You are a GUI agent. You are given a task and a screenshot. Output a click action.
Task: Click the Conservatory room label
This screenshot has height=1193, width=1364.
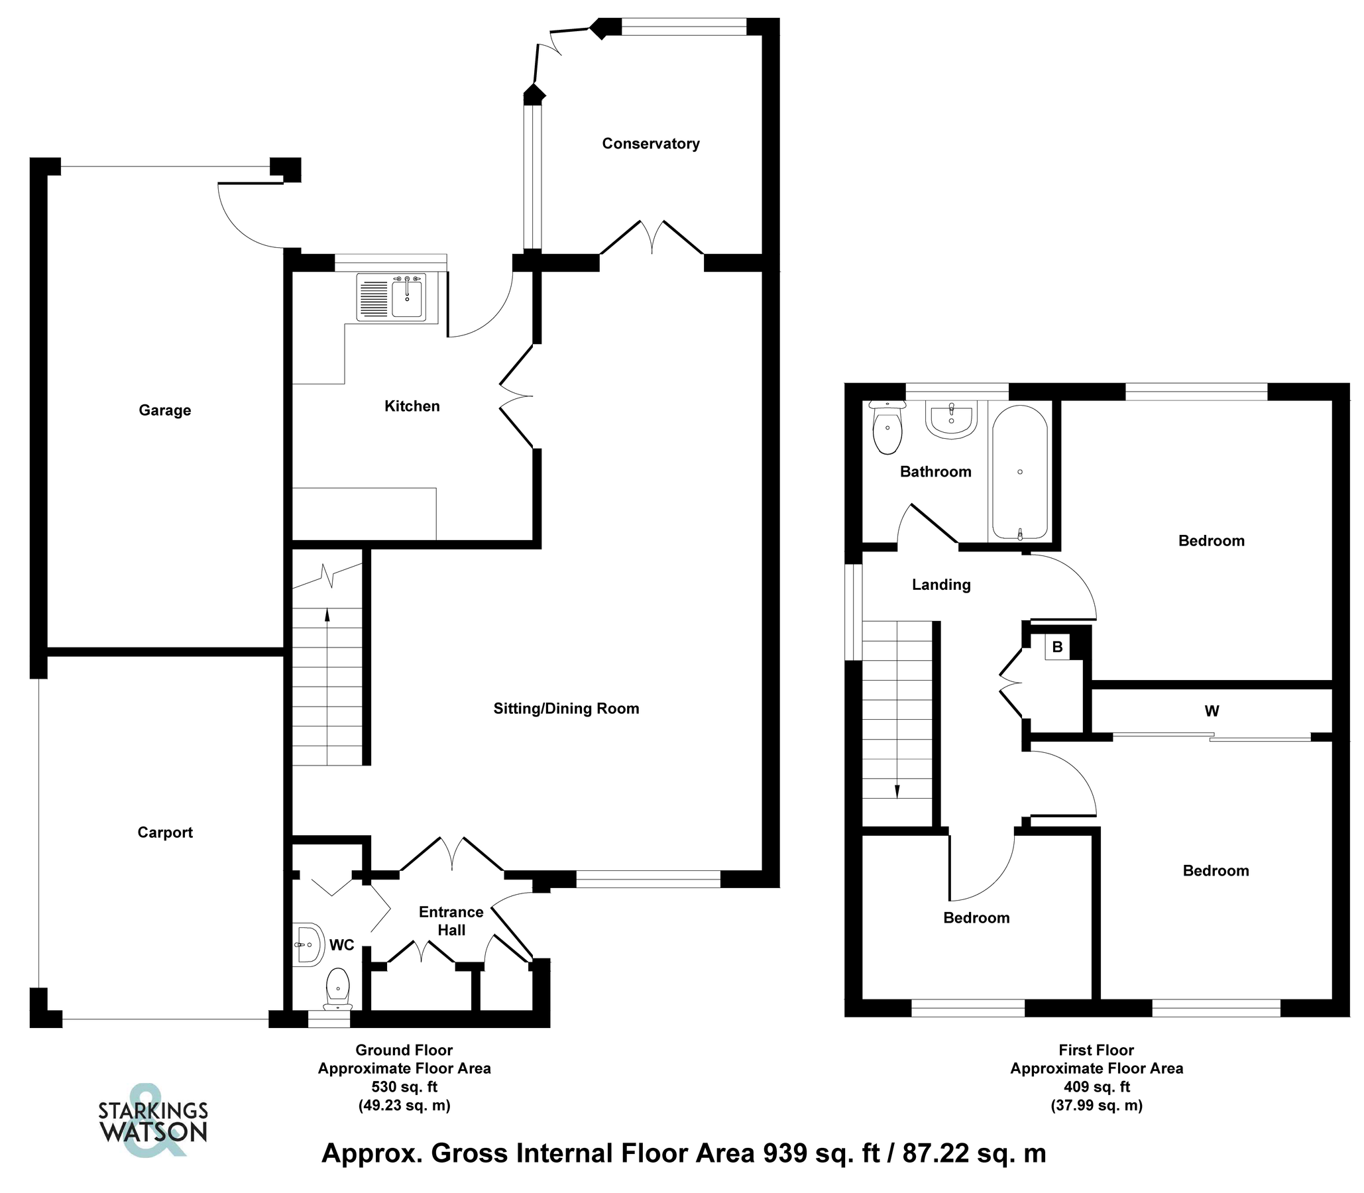[650, 144]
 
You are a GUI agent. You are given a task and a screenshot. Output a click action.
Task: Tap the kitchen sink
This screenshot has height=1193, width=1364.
[406, 298]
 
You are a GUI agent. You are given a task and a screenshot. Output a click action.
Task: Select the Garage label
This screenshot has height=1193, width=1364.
[164, 410]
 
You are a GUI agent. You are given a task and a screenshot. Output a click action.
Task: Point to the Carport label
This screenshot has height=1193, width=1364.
[165, 832]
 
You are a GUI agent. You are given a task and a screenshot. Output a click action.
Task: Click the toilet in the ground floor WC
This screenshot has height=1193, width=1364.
[338, 988]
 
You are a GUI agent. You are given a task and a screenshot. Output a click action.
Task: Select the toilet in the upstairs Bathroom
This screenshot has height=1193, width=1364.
[887, 429]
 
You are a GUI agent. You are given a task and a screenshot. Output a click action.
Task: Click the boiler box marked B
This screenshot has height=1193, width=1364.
[1057, 647]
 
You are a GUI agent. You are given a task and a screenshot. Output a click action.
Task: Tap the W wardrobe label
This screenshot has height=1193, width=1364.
[1212, 711]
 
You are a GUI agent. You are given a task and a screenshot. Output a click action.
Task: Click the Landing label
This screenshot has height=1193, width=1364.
[940, 585]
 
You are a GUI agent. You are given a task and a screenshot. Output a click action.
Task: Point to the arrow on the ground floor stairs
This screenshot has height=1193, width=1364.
[327, 616]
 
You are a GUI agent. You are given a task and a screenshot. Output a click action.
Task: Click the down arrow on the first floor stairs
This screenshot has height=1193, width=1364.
[897, 790]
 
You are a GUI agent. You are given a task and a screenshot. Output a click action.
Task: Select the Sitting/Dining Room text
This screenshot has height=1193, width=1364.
[566, 709]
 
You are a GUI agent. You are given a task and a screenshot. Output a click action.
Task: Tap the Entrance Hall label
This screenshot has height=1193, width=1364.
[451, 921]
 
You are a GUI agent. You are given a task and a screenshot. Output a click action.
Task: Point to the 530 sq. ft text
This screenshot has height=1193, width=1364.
[404, 1086]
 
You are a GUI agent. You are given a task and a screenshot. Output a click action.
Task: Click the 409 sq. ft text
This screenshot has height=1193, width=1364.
[1096, 1086]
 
